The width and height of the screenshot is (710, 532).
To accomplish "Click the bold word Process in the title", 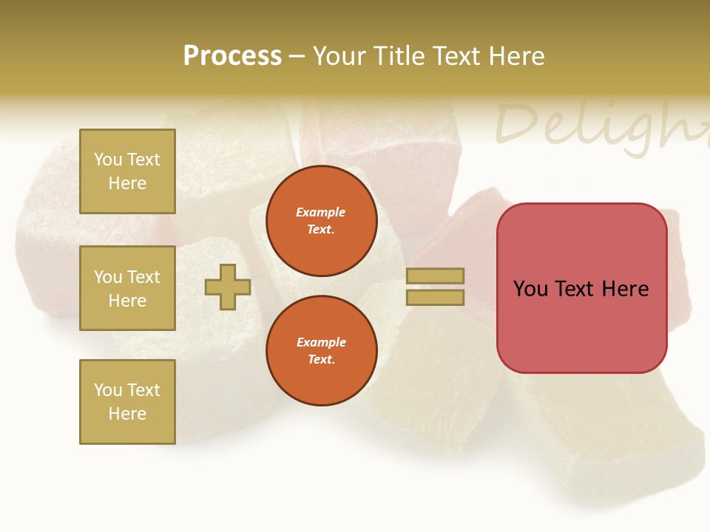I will pyautogui.click(x=232, y=56).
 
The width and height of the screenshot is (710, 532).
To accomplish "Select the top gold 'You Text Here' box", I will pyautogui.click(x=127, y=171).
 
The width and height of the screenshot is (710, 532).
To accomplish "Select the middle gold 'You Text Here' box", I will pyautogui.click(x=127, y=288).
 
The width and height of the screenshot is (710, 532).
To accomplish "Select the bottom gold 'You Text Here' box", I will pyautogui.click(x=127, y=402).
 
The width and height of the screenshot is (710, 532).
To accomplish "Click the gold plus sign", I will pyautogui.click(x=228, y=287).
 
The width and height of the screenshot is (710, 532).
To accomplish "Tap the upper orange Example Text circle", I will pyautogui.click(x=321, y=220).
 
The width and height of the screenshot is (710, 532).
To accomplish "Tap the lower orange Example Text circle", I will pyautogui.click(x=321, y=350).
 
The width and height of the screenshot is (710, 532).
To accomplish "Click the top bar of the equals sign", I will pyautogui.click(x=435, y=276).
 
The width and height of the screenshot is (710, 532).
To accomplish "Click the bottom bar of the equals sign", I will pyautogui.click(x=435, y=298).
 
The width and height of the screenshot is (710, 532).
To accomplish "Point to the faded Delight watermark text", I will pyautogui.click(x=599, y=124).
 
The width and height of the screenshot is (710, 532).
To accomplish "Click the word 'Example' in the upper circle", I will pyautogui.click(x=321, y=212).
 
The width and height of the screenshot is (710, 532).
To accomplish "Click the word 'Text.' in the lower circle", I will pyautogui.click(x=321, y=360).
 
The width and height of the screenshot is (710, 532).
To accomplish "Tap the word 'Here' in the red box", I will pyautogui.click(x=626, y=289).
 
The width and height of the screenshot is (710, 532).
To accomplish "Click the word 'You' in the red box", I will pyautogui.click(x=531, y=289).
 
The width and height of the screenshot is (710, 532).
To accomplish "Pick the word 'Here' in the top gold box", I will pyautogui.click(x=127, y=183).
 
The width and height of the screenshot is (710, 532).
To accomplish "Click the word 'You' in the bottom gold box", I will pyautogui.click(x=108, y=390).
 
